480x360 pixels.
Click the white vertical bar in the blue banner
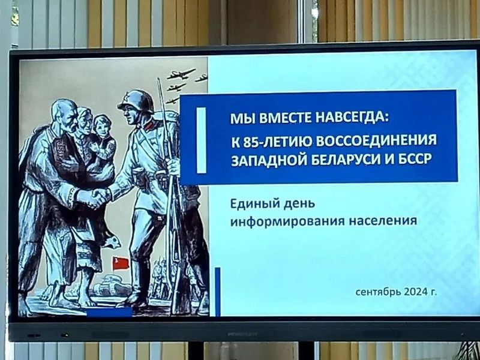tap(201, 140)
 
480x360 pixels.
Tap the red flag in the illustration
tap(121, 263)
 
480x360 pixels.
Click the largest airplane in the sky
tap(181, 74)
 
